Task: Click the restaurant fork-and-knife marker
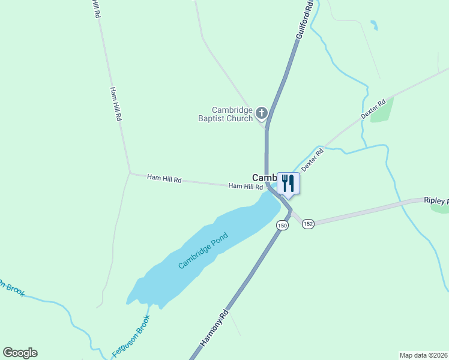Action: [288, 183]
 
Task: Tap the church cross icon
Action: [261, 112]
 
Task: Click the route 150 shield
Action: [282, 225]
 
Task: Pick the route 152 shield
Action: [308, 224]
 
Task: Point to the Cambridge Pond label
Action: [203, 254]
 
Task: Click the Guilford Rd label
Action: [304, 20]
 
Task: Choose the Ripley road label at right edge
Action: [436, 200]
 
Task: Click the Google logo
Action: [20, 353]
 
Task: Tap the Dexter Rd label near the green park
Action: [372, 109]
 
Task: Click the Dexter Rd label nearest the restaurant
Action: [312, 160]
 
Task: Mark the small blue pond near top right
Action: [375, 25]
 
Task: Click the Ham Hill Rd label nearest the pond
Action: [246, 187]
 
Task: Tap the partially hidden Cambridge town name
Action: [263, 178]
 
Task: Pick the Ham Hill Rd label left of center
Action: [164, 179]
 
